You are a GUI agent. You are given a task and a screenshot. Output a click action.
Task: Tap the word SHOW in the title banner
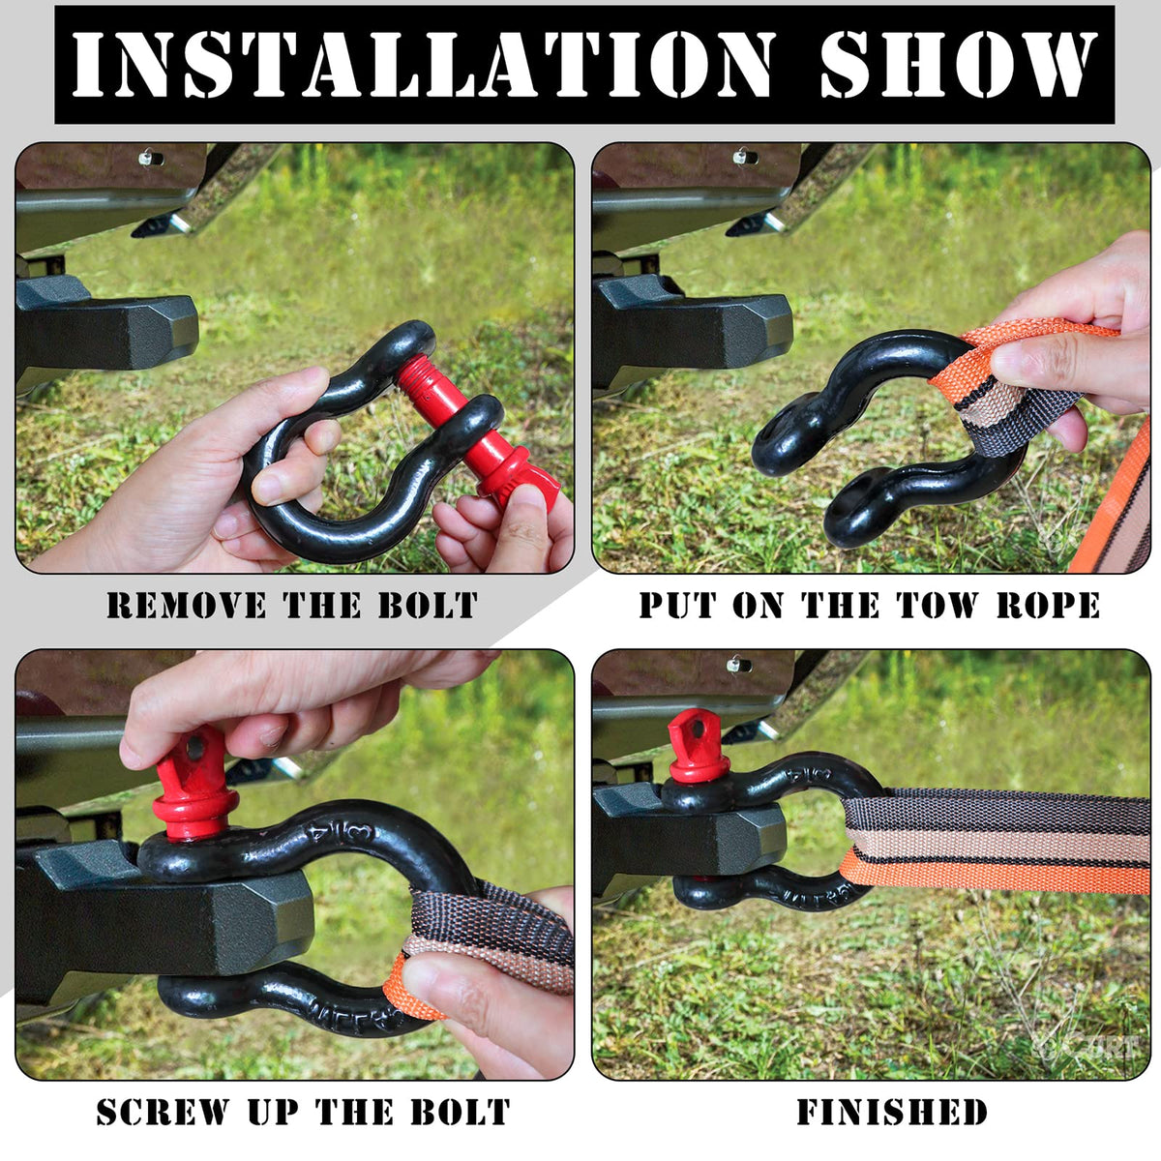(956, 65)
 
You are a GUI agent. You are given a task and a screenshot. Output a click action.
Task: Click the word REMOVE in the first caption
(186, 605)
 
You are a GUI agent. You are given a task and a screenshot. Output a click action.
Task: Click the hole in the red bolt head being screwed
(194, 749)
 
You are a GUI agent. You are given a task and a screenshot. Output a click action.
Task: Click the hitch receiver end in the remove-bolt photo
(162, 332)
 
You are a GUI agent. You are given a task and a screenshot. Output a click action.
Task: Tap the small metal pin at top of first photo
(151, 159)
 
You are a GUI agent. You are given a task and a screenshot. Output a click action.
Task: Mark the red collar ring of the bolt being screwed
(195, 807)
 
